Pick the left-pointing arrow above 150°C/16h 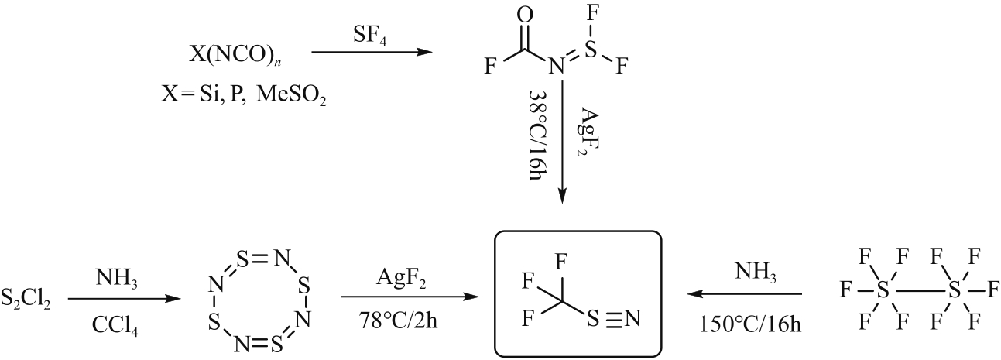745,294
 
